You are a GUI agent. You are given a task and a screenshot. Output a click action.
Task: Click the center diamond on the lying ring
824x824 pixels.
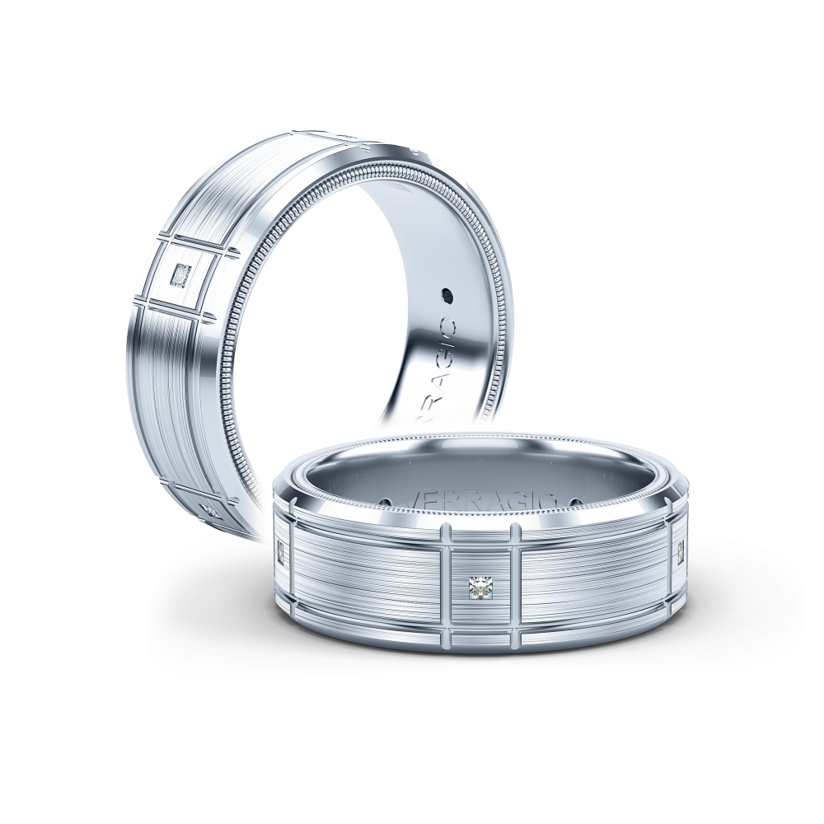pyautogui.click(x=479, y=588)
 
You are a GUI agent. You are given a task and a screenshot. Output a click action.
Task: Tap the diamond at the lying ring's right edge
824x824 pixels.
pyautogui.click(x=681, y=554)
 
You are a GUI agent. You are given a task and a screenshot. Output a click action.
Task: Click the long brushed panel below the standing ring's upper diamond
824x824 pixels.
pyautogui.click(x=169, y=387)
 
